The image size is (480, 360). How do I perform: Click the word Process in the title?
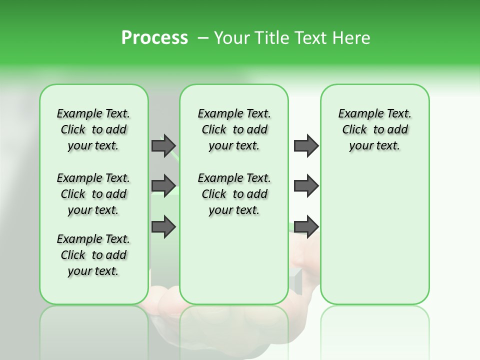pyautogui.click(x=154, y=38)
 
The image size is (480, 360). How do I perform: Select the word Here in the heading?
pyautogui.click(x=350, y=38)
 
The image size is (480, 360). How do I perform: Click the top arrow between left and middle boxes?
pyautogui.click(x=163, y=145)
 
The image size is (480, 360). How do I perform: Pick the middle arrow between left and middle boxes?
pyautogui.click(x=163, y=185)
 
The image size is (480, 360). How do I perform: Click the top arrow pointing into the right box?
pyautogui.click(x=306, y=145)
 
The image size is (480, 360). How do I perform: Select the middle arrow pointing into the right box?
pyautogui.click(x=306, y=185)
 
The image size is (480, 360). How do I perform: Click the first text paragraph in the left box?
pyautogui.click(x=93, y=129)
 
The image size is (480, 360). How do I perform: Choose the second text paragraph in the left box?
pyautogui.click(x=93, y=194)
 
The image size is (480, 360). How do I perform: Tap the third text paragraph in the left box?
pyautogui.click(x=93, y=255)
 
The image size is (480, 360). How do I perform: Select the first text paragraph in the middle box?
pyautogui.click(x=234, y=129)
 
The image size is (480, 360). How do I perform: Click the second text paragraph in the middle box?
pyautogui.click(x=234, y=194)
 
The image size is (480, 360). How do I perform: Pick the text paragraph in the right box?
pyautogui.click(x=374, y=129)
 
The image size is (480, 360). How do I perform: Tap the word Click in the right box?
pyautogui.click(x=354, y=129)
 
